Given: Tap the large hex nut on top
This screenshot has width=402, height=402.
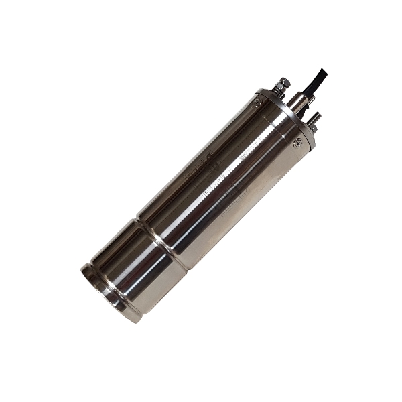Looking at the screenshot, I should click(284, 82).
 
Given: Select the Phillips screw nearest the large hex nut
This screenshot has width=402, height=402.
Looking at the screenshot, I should click(258, 103).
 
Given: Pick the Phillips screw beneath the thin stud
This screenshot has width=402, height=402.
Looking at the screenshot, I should click(297, 142).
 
